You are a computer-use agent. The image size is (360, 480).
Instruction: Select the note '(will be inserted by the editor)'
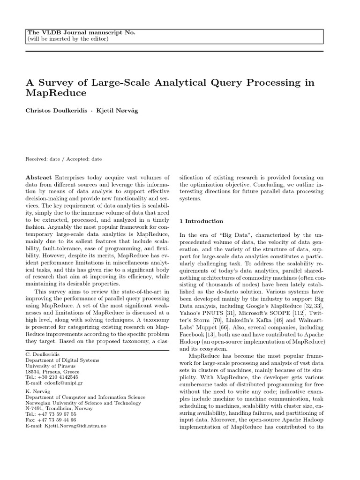(x=68, y=38)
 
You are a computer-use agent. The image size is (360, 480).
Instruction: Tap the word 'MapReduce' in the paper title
(x=56, y=93)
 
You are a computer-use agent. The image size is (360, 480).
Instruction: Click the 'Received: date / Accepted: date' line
(x=63, y=159)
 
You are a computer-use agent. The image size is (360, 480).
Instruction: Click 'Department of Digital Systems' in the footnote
(x=62, y=360)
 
